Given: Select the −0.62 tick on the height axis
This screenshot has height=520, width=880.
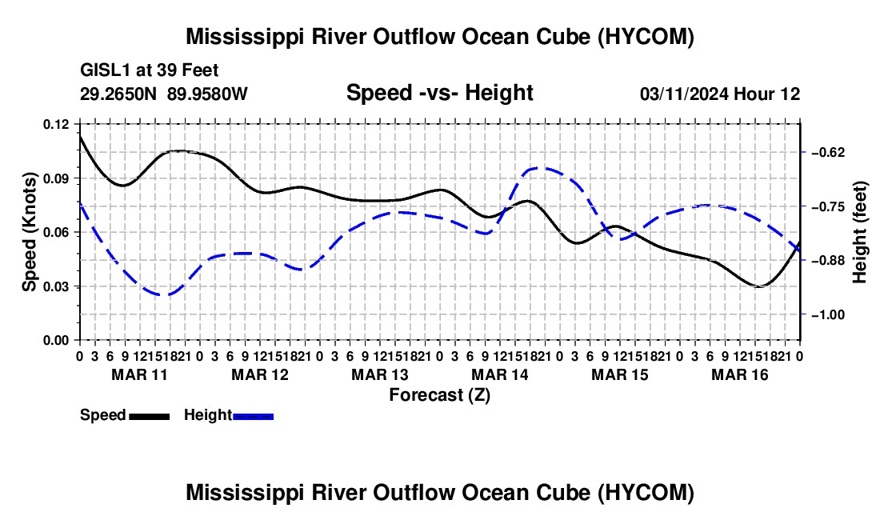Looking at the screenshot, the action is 828,153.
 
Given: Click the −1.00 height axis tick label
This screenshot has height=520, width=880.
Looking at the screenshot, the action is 828,314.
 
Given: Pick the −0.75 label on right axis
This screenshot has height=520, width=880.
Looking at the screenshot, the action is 828,207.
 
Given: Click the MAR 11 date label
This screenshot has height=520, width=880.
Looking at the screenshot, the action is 140,374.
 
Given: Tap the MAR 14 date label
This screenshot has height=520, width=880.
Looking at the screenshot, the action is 500,374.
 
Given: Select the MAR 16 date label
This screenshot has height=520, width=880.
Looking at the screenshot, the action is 740,374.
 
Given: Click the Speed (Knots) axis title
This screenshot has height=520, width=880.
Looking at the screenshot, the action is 29,232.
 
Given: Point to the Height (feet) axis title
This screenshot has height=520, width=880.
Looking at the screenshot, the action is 860,232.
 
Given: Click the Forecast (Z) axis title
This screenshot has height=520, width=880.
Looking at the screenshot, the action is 440,395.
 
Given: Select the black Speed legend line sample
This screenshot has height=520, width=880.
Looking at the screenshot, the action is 150,416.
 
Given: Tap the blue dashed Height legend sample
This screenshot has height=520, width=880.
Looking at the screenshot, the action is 253,416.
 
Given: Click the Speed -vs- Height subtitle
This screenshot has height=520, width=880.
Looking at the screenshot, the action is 440,93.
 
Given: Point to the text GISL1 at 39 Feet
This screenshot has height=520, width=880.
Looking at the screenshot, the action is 150,70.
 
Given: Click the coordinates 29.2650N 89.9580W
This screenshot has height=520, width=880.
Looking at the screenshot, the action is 164,94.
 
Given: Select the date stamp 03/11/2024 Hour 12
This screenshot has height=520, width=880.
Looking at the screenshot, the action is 720,94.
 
